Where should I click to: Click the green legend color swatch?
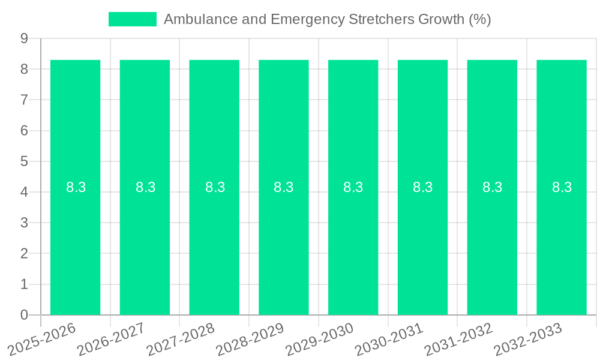[x=132, y=19]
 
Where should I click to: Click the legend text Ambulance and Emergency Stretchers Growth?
[x=327, y=19]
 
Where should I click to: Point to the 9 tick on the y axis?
[x=25, y=38]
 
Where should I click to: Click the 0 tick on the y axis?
[x=25, y=315]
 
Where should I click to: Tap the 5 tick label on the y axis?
[x=25, y=161]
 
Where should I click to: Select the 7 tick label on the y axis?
[x=25, y=100]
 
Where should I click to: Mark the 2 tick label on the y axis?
[x=25, y=253]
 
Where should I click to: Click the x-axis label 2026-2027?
[x=111, y=338]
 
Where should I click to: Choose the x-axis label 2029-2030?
[x=319, y=338]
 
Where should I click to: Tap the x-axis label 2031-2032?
[x=458, y=338]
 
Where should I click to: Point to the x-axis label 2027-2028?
[x=181, y=338]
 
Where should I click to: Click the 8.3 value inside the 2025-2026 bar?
[x=76, y=187]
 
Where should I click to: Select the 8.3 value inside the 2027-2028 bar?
[x=215, y=187]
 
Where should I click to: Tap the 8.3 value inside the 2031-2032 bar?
[x=492, y=187]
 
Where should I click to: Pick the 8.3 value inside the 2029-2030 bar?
[x=353, y=187]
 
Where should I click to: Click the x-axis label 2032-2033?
[x=528, y=338]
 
